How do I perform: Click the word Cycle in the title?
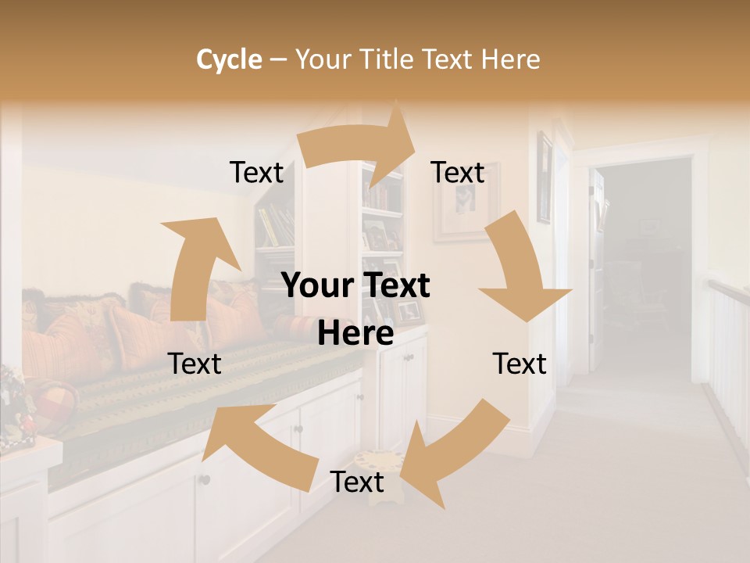point(229,59)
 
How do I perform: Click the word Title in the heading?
point(390,59)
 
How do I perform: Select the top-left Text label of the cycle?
point(256,172)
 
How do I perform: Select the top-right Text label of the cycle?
point(458,172)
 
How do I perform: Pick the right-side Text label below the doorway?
point(520,364)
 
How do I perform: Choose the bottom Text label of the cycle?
point(357,482)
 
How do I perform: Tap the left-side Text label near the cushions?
point(195,364)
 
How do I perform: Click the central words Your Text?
point(355,285)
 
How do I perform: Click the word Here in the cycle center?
point(355,334)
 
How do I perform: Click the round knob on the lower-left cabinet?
point(205,479)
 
